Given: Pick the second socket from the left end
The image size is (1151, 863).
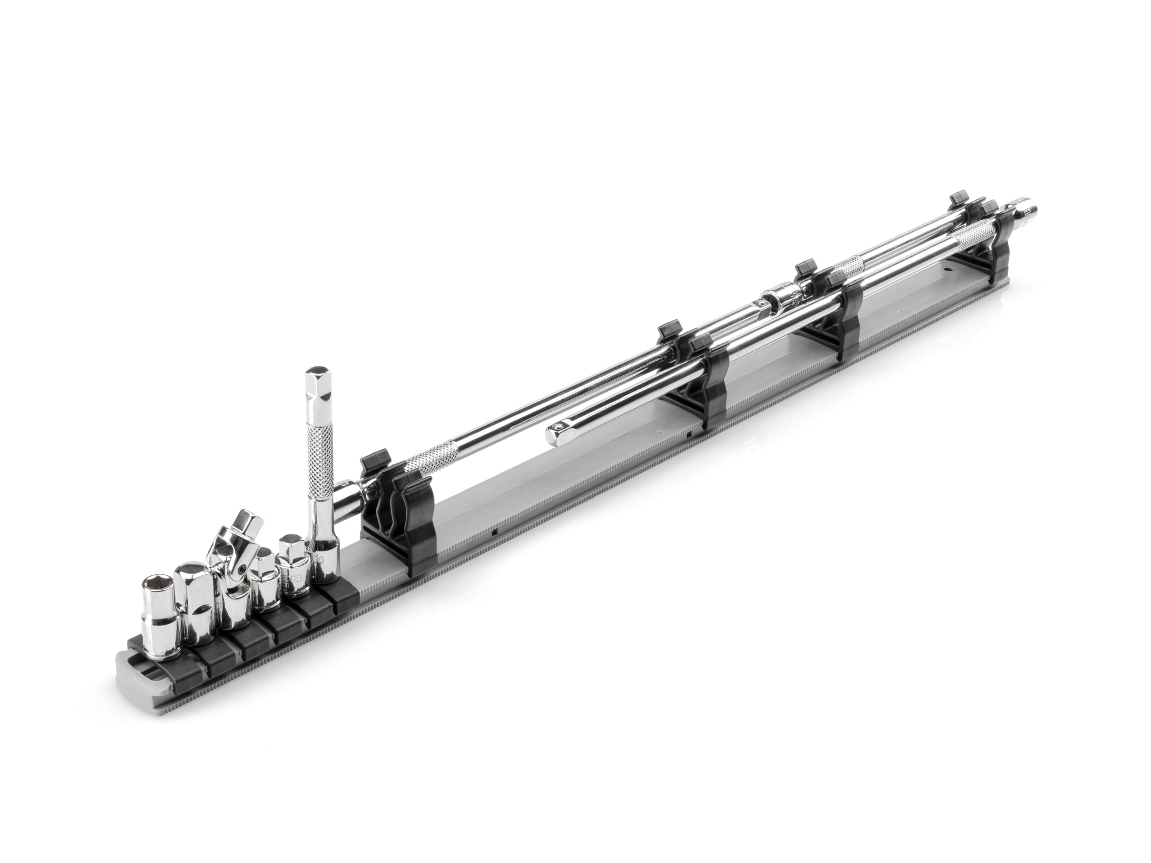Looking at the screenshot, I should click(192, 598).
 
